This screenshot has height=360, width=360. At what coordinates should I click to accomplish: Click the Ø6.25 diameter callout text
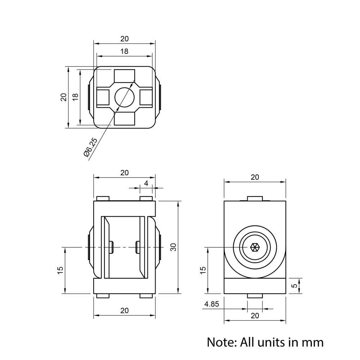coord(90,147)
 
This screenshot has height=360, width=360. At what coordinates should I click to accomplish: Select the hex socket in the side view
coord(255,247)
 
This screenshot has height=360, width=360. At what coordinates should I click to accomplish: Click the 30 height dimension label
coord(174,247)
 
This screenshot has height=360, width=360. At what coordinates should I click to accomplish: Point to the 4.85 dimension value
coord(211,304)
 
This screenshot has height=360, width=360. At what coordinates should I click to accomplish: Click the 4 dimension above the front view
coord(146,183)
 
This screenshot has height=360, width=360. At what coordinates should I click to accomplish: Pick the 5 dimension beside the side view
coord(295,286)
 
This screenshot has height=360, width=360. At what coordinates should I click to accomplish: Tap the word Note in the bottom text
coord(220,342)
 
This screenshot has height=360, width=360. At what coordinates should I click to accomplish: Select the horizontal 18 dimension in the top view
coord(124,51)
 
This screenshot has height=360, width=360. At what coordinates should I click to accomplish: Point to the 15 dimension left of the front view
coord(60,269)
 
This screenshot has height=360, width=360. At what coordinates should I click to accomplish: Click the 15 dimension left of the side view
coord(203,269)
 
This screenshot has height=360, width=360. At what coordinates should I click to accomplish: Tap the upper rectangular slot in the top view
coord(124,76)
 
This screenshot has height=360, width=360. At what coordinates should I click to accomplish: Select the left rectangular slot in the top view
coord(103,97)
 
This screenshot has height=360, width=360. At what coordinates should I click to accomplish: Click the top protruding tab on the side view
coord(255,199)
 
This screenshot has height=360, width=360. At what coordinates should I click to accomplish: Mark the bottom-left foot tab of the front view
coord(103,296)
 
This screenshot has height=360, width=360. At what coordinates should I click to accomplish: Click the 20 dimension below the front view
coord(124,311)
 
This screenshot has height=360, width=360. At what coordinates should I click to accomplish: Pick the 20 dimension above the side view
coord(255,177)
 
